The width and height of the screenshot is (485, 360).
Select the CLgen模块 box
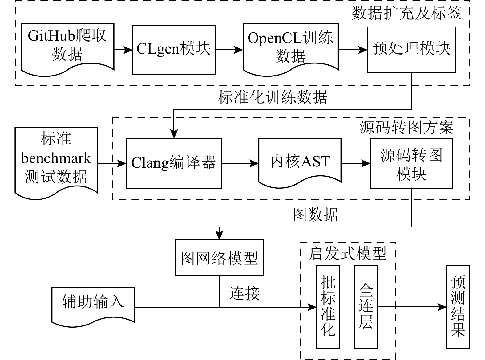pyautogui.click(x=174, y=49)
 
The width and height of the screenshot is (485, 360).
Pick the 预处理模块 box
pyautogui.click(x=411, y=50)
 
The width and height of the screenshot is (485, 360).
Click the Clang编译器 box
pyautogui.click(x=174, y=163)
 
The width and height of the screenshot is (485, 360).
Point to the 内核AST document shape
pyautogui.click(x=300, y=162)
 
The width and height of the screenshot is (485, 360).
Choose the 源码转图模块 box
pyautogui.click(x=411, y=163)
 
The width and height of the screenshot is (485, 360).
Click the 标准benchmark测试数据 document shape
pyautogui.click(x=56, y=159)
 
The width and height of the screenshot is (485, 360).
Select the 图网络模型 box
pyautogui.click(x=219, y=258)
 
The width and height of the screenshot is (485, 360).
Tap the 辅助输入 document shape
pyautogui.click(x=93, y=302)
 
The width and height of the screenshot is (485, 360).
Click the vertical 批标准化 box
pyautogui.click(x=328, y=307)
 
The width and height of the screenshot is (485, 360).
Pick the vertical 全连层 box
pyautogui.click(x=366, y=307)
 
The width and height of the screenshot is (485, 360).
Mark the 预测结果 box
pyautogui.click(x=458, y=307)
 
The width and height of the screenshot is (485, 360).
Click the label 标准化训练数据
pyautogui.click(x=273, y=97)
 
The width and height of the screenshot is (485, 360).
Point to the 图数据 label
pyautogui.click(x=315, y=214)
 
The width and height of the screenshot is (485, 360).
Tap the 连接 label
pyautogui.click(x=245, y=293)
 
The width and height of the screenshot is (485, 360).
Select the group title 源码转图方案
pyautogui.click(x=406, y=127)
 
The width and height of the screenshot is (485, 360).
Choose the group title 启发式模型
pyautogui.click(x=347, y=254)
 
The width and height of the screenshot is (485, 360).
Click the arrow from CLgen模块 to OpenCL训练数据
pyautogui.click(x=229, y=49)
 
